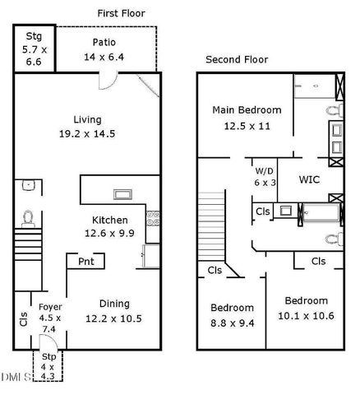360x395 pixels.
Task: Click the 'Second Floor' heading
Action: (x=236, y=60)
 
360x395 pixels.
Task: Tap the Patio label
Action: (x=104, y=42)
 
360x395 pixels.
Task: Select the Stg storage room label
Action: (x=34, y=36)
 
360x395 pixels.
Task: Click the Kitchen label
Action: (x=109, y=220)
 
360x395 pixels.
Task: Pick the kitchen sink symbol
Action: (x=123, y=195)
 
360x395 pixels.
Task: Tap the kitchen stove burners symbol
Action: (x=152, y=219)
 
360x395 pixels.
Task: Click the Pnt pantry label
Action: (x=85, y=262)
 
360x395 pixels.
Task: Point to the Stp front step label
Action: (x=48, y=356)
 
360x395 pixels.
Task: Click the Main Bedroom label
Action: (x=247, y=109)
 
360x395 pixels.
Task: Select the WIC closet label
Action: (x=309, y=179)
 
